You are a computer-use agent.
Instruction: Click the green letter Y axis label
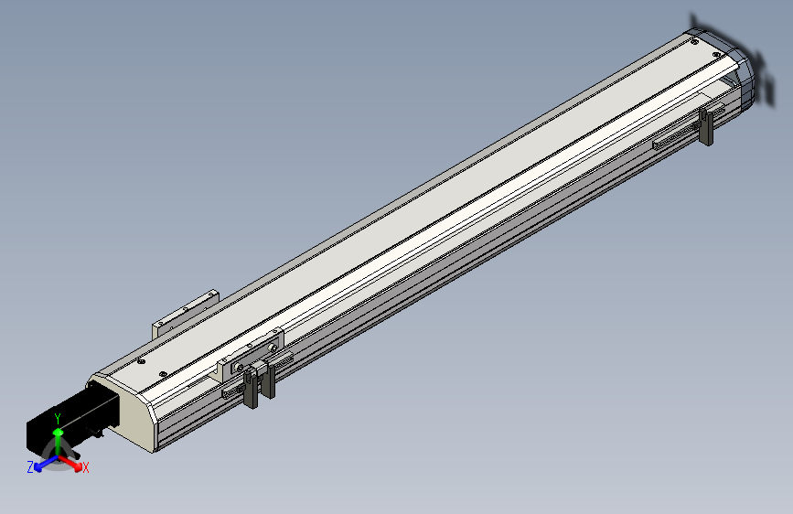[x=58, y=419]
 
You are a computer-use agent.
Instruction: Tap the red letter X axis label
[x=86, y=468]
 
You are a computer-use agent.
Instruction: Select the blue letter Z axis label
[x=30, y=467]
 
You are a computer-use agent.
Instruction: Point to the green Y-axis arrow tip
[x=59, y=432]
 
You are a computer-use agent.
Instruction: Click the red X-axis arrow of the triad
[x=70, y=463]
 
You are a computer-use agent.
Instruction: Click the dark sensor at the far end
[x=706, y=126]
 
